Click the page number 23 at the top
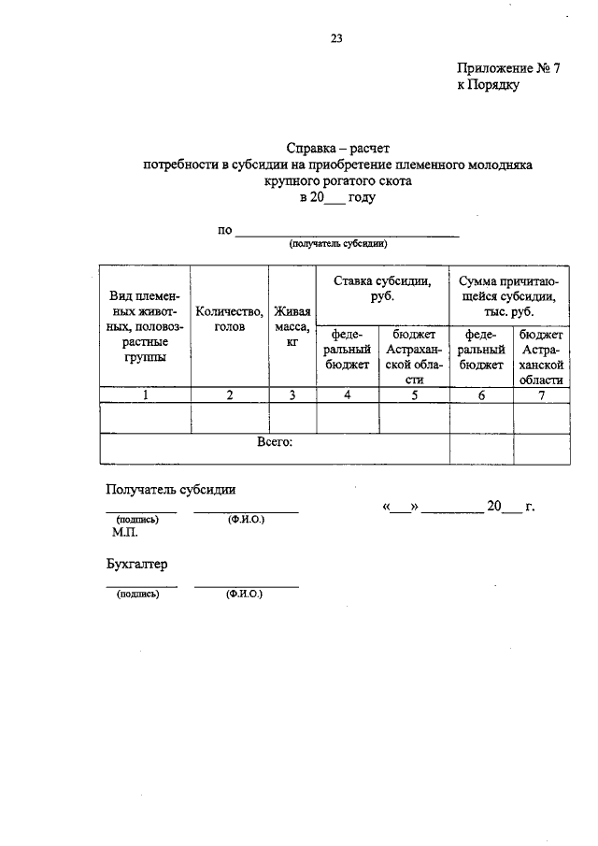pos(336,38)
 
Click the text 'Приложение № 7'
pos(507,68)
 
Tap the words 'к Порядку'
pos(488,85)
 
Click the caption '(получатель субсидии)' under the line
pos(337,243)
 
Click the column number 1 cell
pos(145,395)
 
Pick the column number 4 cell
pos(348,395)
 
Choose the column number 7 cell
pos(541,395)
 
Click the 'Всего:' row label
pos(275,442)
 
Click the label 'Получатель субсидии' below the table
pos(171,488)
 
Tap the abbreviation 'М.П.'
pos(124,533)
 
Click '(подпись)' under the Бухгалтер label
pos(136,594)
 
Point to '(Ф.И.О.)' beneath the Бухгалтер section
pos(245,594)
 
